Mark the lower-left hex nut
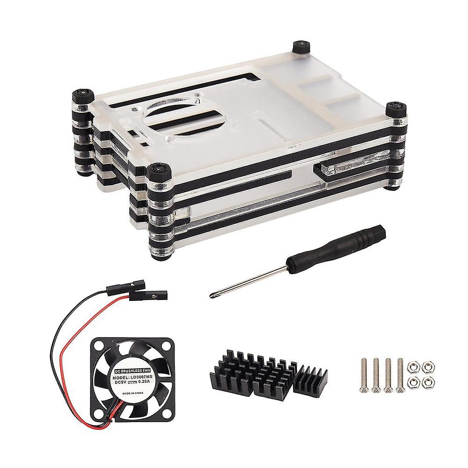413,382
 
